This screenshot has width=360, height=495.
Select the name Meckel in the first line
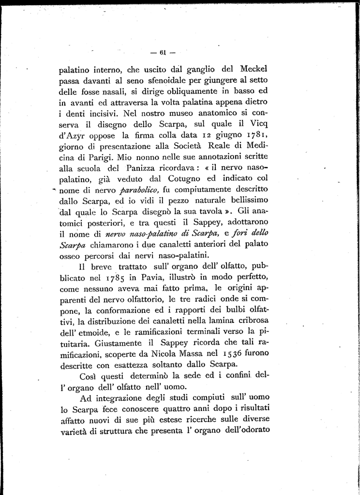[x=253, y=68]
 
